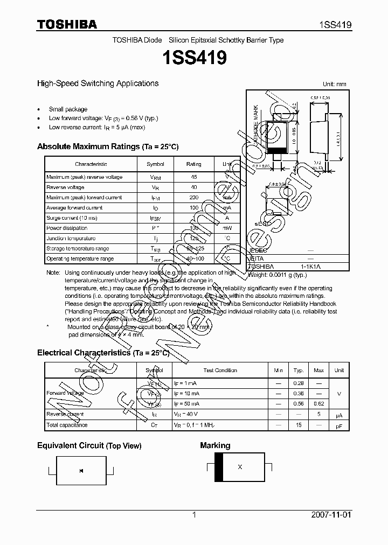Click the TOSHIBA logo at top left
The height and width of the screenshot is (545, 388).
67,24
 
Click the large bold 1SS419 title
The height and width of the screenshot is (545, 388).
193,58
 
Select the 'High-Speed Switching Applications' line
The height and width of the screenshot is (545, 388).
98,83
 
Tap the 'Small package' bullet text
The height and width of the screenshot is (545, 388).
68,109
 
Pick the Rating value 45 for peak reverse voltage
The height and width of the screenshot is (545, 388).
193,177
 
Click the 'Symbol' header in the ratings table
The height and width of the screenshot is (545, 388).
155,164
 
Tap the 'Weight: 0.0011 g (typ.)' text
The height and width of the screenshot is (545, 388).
277,275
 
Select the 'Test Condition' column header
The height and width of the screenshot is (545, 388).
220,371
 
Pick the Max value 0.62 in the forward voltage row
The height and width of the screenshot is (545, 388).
318,403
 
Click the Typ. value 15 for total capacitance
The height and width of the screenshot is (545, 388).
298,425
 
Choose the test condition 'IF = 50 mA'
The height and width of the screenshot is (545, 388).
187,403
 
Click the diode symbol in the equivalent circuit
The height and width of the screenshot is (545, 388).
81,472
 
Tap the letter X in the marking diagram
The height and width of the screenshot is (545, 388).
240,467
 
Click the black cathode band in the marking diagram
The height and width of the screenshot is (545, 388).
218,467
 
